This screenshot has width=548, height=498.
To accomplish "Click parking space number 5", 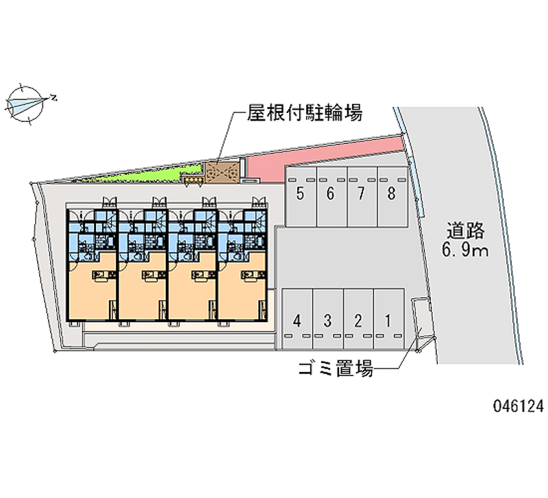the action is coord(301,197).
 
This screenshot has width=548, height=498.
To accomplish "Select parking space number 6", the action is coord(332,197).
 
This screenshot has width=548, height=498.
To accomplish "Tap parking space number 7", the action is coord(362,197).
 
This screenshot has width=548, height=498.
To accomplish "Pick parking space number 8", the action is coord(393,197).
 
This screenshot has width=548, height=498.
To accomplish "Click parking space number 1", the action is coord(389,319).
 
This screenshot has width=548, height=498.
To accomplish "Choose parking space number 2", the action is coord(358,319).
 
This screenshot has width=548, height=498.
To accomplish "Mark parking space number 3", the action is coord(328,319).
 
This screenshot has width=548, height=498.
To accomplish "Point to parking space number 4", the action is coord(297,319).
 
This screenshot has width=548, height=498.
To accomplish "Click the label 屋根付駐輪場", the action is coord(304,113).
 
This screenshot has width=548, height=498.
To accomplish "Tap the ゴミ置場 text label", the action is coord(336,369).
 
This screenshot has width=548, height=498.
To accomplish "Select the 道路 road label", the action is coord(465,231).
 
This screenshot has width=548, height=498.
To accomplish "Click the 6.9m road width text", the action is coord(465,251).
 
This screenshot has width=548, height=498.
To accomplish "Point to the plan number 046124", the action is coord(519,406).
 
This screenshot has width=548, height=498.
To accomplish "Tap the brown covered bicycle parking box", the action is coord(222,172).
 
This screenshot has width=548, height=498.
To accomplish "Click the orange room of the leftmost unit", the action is coord(92,286).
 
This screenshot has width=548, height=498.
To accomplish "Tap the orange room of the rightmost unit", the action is coord(242,286).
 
